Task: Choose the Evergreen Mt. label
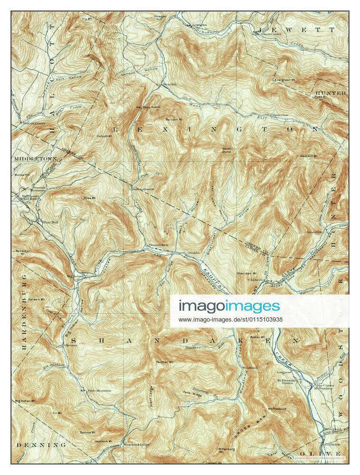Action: click(284, 80)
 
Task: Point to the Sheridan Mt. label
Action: click(246, 274)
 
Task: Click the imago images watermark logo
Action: click(229, 306)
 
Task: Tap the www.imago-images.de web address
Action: click(230, 320)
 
